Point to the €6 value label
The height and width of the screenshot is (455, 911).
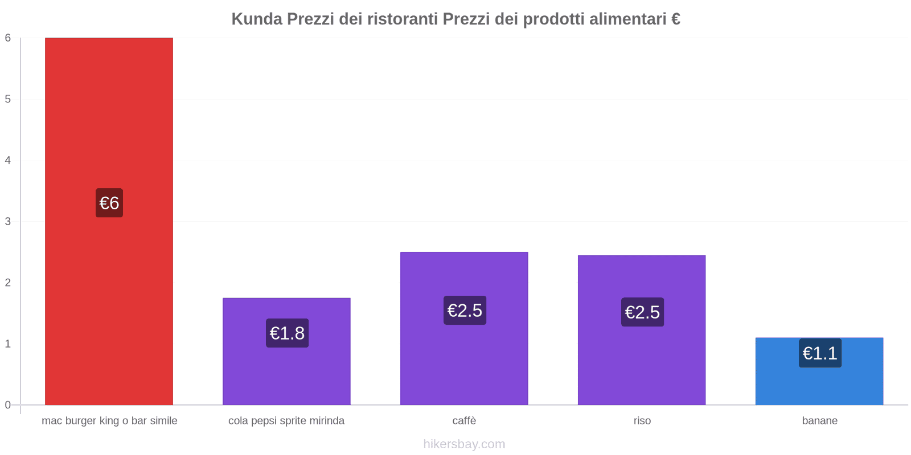(109, 203)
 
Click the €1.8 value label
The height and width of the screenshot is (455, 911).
(287, 333)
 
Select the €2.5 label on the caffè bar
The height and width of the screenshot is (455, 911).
(465, 311)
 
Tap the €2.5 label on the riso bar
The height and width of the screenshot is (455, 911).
(642, 312)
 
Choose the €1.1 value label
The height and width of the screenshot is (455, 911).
(820, 353)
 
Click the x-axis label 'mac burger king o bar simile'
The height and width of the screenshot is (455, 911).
(109, 421)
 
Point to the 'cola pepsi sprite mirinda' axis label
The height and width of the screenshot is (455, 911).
(286, 421)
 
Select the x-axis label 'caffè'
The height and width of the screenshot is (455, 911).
(464, 421)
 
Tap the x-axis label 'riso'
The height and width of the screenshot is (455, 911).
(642, 421)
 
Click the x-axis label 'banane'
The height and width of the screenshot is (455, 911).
(819, 421)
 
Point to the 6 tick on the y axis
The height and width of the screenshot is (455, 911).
(8, 38)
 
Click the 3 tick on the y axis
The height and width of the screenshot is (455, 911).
(8, 221)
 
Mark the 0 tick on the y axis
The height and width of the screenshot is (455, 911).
(8, 405)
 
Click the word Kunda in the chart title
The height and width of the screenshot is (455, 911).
(256, 19)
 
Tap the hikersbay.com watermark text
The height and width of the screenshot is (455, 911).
(464, 444)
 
